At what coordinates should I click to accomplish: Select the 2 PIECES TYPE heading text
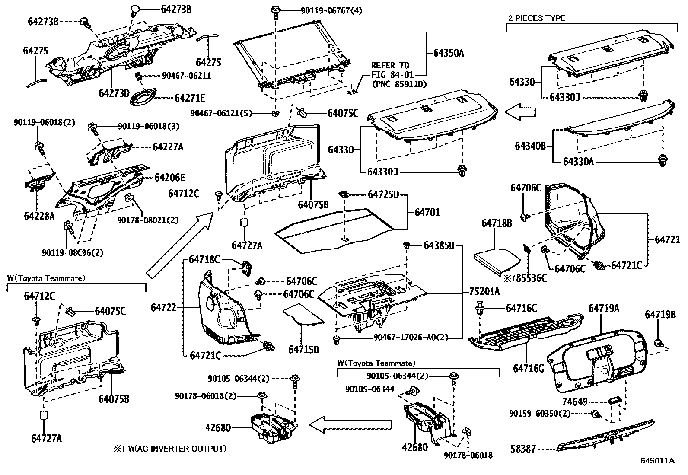536,18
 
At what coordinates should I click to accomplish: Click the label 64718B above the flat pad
497,223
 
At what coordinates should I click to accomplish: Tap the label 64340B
530,146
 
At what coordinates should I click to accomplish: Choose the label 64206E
170,177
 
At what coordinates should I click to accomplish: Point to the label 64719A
604,308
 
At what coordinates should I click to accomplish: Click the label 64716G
528,369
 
